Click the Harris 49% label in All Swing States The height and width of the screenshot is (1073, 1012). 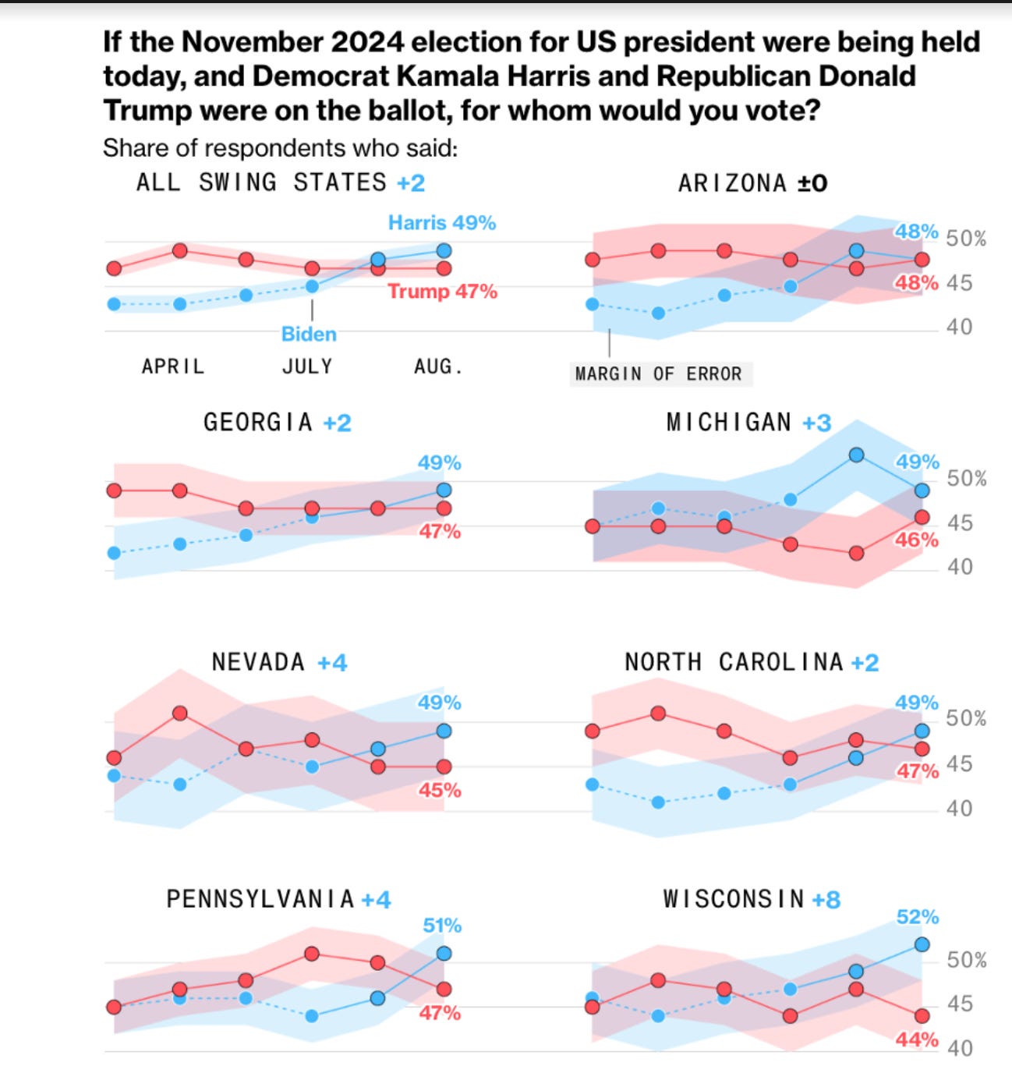click(x=442, y=223)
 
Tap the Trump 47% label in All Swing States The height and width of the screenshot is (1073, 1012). click(x=442, y=292)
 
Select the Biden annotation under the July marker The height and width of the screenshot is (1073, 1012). click(x=309, y=334)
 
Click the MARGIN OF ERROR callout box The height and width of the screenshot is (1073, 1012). click(x=659, y=374)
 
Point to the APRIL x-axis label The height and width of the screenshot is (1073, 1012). click(x=172, y=367)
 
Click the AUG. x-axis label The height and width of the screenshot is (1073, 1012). click(x=438, y=367)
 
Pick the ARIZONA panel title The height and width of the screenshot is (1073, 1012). click(x=731, y=183)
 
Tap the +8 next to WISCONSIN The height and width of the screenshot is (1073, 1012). click(x=826, y=900)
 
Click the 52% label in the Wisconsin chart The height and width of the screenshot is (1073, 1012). click(x=917, y=917)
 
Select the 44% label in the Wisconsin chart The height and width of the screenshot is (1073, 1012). click(x=917, y=1039)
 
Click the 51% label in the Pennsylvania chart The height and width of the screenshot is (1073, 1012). click(x=441, y=926)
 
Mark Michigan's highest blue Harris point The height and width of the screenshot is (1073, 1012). click(x=856, y=455)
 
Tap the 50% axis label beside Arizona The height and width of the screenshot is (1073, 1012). click(x=966, y=239)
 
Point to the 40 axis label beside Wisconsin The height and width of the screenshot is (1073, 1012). click(x=960, y=1049)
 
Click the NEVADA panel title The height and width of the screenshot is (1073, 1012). click(x=258, y=663)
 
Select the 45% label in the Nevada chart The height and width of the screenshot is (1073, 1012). click(x=439, y=791)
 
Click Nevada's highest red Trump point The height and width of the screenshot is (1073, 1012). click(x=179, y=714)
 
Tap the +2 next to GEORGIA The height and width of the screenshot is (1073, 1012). click(x=337, y=423)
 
